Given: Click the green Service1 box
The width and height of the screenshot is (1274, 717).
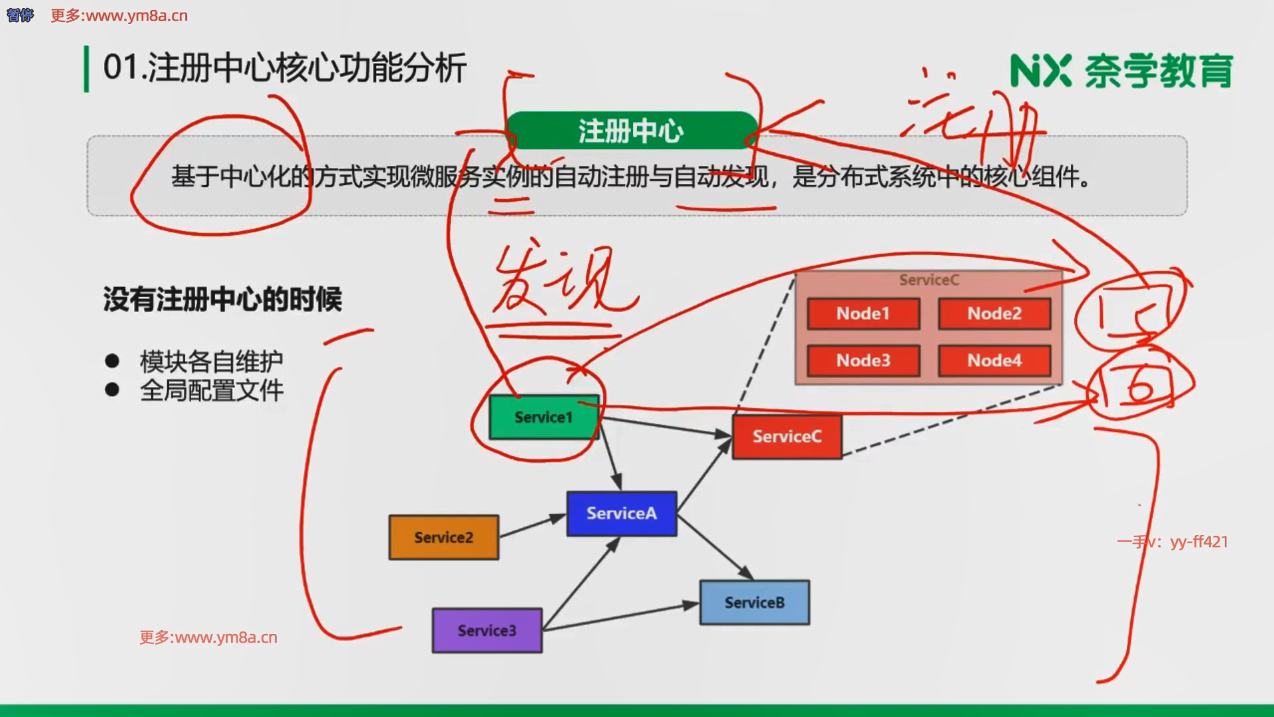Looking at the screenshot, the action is pos(543,417).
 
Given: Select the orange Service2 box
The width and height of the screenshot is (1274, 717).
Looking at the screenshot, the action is pos(443,537).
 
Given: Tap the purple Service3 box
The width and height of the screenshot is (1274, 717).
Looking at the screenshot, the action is pos(486,630).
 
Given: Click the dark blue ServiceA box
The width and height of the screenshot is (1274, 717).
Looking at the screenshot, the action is pos(621,513).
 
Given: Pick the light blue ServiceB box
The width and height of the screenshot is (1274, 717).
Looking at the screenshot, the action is pos(754,602).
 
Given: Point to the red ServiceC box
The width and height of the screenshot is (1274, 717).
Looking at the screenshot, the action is pos(787,436).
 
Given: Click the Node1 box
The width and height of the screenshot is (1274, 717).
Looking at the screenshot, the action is pos(863,313).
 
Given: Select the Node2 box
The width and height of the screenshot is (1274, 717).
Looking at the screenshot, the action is pos(994,313).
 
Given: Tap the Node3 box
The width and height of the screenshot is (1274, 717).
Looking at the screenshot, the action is pos(863,360).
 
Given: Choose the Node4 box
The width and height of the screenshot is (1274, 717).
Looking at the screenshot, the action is pos(994,360).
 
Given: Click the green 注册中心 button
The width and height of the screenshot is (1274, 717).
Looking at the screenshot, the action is pos(630,131).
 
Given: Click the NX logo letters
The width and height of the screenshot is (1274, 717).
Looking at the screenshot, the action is pos(1040,71).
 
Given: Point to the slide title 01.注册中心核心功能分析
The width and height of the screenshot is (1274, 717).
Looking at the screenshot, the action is pos(285,68).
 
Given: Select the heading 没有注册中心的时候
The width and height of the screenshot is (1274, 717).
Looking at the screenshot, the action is pos(222,299).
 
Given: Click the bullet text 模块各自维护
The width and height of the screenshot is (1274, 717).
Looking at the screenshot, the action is pos(211,361).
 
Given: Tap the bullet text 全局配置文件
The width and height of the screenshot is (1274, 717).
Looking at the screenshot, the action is pos(211,390).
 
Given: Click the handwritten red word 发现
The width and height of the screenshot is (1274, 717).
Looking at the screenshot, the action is pos(557,282).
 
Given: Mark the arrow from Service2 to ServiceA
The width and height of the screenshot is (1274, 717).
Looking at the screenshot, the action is pos(532,526).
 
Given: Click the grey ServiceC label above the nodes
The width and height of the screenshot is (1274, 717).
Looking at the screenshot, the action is pos(928,280).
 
